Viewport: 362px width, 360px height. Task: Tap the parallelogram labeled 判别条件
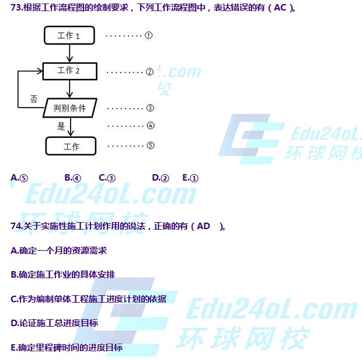tap(69, 108)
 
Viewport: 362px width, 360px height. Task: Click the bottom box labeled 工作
tap(71, 146)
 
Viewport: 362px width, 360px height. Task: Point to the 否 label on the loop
tap(34, 99)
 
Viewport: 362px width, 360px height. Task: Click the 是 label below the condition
tap(61, 126)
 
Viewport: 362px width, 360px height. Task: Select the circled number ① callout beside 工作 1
tap(149, 35)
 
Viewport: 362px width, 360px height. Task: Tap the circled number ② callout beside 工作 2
tap(149, 72)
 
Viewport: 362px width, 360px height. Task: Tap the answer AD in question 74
tap(203, 226)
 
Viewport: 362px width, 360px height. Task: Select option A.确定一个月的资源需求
tap(58, 250)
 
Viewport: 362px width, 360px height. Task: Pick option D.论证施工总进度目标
tap(54, 323)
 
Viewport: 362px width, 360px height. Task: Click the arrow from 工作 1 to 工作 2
tap(69, 53)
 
